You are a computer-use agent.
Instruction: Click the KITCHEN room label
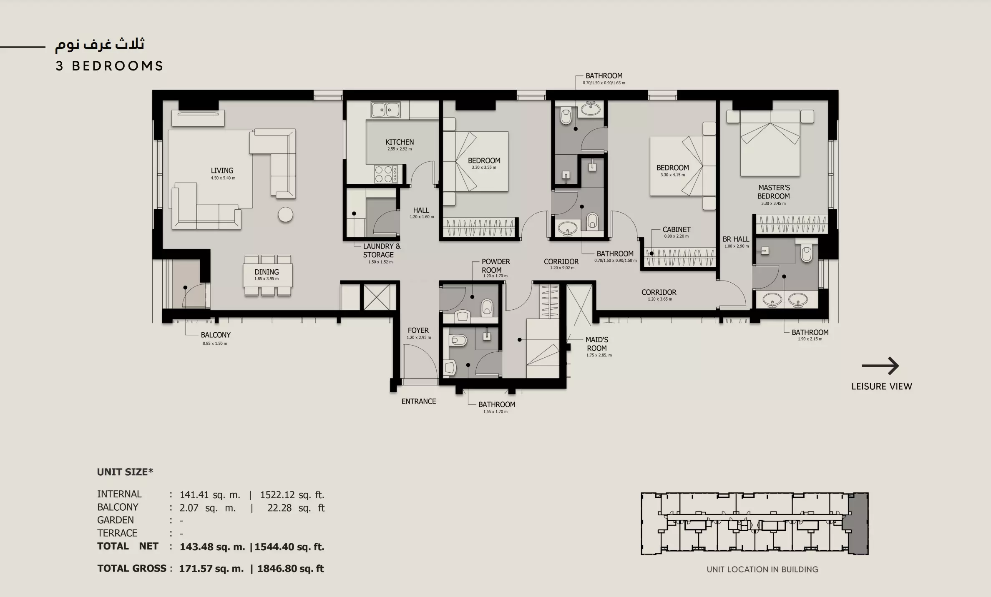click(400, 142)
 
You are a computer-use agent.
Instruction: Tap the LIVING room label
click(222, 171)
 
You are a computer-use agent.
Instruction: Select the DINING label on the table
click(267, 272)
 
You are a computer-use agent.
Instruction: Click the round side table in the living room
click(286, 215)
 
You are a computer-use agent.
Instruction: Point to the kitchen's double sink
click(386, 110)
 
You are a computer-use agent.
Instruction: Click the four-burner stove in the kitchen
click(386, 174)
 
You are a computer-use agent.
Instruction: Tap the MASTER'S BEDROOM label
click(774, 192)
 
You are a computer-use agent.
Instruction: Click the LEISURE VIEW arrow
click(880, 366)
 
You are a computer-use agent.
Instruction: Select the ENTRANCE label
click(419, 401)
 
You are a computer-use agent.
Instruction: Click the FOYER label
click(418, 330)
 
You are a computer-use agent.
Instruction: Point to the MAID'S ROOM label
click(597, 344)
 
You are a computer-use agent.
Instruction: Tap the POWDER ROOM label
click(496, 266)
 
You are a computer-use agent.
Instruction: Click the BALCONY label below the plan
click(216, 335)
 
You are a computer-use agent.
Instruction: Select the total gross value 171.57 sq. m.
click(211, 569)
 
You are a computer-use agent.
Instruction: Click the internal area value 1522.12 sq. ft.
click(292, 495)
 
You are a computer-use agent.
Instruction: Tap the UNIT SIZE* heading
click(125, 472)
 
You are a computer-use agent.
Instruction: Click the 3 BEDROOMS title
click(109, 66)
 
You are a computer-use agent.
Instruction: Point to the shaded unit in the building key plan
click(855, 524)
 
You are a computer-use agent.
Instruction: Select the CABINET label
click(677, 229)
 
